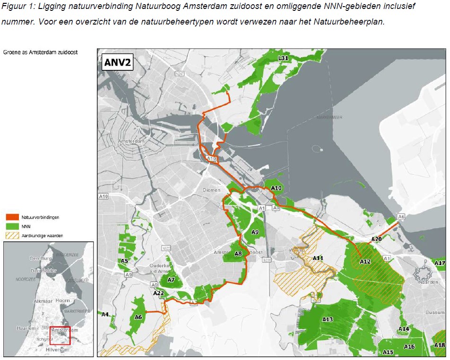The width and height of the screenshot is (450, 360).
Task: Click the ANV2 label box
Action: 118,61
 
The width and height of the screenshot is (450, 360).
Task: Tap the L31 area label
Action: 283,58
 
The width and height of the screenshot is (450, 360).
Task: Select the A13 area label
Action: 327,320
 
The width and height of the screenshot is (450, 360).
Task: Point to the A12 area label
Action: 365,261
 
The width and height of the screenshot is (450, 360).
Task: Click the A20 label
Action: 376,239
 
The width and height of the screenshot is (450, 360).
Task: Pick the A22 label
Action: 158,293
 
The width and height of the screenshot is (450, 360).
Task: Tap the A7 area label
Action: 171,280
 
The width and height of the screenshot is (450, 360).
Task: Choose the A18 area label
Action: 440,345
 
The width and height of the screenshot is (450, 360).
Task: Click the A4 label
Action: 105,314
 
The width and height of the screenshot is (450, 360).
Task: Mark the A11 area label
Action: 318,258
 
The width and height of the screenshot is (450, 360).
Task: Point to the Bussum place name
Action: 435,313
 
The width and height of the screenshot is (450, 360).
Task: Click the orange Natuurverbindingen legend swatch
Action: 13,217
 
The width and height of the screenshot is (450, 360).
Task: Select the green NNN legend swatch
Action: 13,226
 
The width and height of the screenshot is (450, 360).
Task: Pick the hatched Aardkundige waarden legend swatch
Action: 13,235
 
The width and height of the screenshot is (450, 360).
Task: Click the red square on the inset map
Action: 60,336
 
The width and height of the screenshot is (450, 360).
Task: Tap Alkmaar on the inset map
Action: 30,300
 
